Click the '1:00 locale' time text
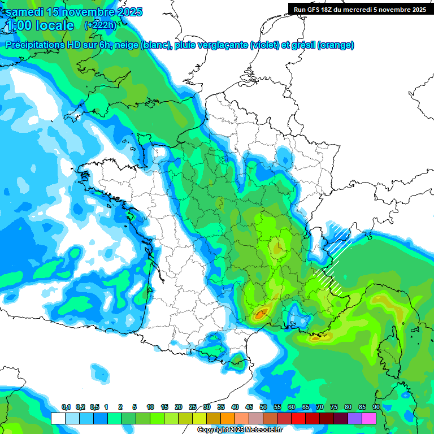(40, 25)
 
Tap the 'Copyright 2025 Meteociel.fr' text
(240, 430)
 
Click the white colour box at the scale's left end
(58, 418)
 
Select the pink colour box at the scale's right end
(369, 418)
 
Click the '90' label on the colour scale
(376, 407)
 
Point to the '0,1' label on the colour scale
(66, 407)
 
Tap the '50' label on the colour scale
(263, 407)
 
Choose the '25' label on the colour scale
(193, 407)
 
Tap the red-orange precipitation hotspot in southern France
(261, 315)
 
